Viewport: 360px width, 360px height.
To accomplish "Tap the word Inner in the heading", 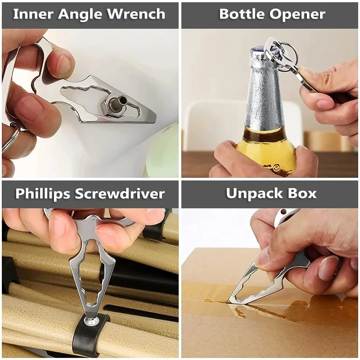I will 30,14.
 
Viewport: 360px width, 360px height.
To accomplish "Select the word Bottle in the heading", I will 240,14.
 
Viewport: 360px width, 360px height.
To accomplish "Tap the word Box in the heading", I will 303,194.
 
